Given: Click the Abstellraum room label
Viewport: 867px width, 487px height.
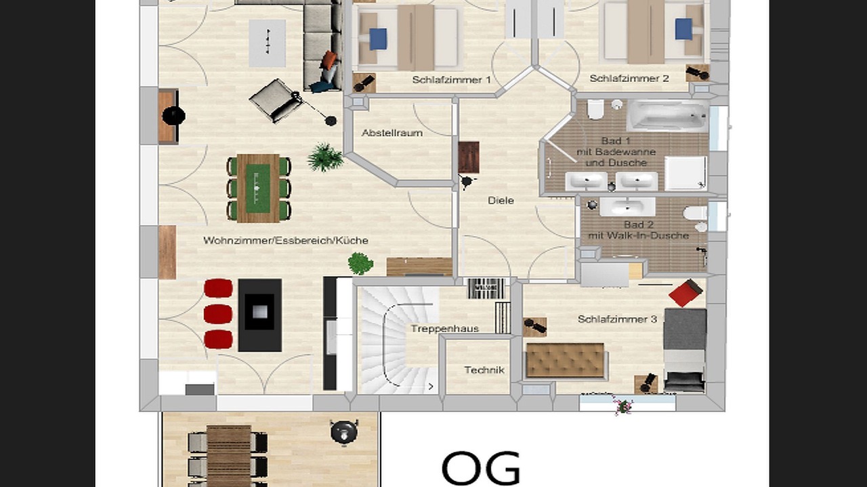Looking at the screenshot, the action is [x=392, y=133].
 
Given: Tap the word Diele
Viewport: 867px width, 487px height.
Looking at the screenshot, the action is [x=501, y=201].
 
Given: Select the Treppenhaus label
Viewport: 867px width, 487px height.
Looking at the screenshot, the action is [x=445, y=329].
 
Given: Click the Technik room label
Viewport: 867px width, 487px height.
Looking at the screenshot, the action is [x=484, y=370].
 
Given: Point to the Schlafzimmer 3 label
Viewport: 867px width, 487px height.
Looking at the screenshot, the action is [x=617, y=319].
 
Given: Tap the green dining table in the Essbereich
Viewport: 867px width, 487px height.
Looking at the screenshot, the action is [x=258, y=188].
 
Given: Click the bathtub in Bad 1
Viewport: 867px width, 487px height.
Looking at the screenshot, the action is [x=667, y=115].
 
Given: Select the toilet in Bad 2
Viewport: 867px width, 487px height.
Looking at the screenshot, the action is [x=695, y=213].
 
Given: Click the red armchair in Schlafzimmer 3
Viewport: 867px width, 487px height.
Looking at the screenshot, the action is [x=685, y=293].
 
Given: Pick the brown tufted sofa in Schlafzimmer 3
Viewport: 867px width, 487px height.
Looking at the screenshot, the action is [x=565, y=361].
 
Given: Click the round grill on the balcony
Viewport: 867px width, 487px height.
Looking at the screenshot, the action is [x=343, y=432].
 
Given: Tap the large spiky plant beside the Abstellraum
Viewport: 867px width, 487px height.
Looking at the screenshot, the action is [x=325, y=157].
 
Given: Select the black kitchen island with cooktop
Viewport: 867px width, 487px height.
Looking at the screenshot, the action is [x=259, y=315].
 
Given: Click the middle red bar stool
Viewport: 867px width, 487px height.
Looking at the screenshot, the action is [x=218, y=314].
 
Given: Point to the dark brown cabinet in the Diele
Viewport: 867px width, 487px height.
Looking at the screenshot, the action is [x=469, y=158].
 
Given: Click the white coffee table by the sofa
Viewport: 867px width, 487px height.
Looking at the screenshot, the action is [x=267, y=43].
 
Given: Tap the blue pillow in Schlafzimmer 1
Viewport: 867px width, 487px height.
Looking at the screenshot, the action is [x=378, y=39].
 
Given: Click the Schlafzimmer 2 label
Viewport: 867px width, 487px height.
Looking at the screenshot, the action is [x=629, y=78].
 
